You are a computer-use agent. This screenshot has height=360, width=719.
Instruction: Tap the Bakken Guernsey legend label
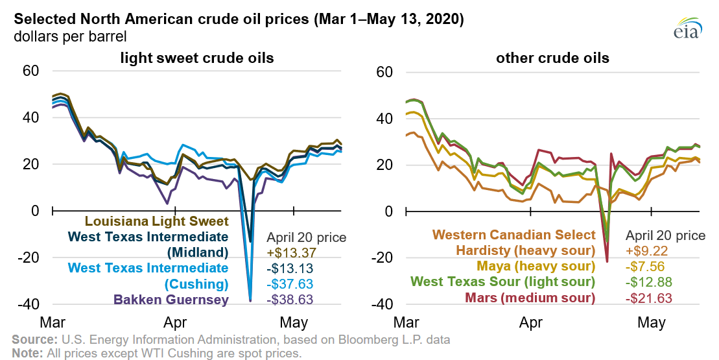tap(171, 300)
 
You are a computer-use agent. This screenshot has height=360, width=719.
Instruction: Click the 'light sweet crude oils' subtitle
tap(197, 58)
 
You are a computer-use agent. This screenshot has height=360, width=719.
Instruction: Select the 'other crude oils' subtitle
tap(552, 58)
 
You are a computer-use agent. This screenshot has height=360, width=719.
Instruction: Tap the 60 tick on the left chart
tap(30, 71)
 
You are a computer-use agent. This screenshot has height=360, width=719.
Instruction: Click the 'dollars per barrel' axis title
tap(69, 36)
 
